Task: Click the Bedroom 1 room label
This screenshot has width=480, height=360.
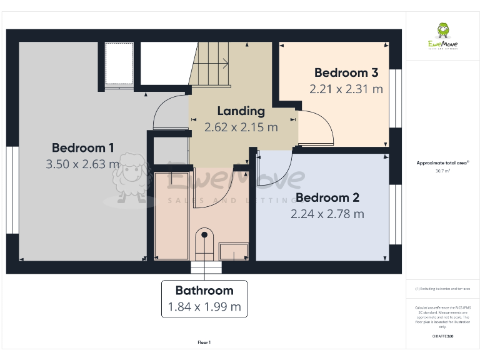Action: click(82, 148)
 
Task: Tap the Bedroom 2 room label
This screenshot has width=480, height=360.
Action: click(327, 198)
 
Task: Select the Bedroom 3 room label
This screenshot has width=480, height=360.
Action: click(346, 73)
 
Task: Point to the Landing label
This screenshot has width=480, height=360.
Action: click(241, 111)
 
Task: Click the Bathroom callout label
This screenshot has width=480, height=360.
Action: click(204, 291)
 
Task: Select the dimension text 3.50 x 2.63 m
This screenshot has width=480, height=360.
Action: click(82, 164)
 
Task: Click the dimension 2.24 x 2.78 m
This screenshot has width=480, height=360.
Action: click(327, 214)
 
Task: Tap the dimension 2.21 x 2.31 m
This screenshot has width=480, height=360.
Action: click(346, 89)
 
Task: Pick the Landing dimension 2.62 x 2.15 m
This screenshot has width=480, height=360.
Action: click(241, 127)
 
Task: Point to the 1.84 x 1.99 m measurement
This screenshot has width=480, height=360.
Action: click(204, 307)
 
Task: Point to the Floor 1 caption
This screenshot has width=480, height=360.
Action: click(204, 342)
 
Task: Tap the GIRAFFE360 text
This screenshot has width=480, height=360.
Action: click(442, 336)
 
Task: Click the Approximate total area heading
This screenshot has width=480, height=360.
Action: click(442, 162)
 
